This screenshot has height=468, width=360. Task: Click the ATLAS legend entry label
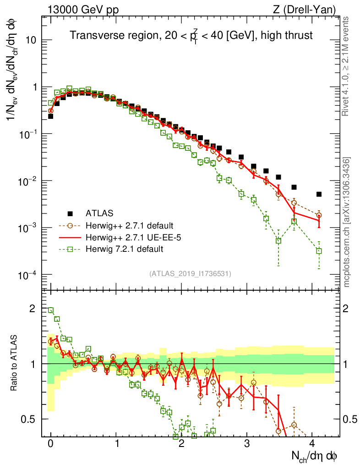pyautogui.click(x=99, y=213)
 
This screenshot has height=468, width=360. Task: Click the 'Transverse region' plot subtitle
pyautogui.click(x=191, y=35)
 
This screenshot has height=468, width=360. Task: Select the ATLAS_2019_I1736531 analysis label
pyautogui.click(x=190, y=274)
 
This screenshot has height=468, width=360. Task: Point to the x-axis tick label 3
pyautogui.click(x=247, y=443)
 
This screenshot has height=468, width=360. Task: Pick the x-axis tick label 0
pyautogui.click(x=51, y=443)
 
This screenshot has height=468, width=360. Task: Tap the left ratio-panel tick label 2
pyautogui.click(x=33, y=308)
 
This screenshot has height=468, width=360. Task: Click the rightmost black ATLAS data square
pyautogui.click(x=319, y=194)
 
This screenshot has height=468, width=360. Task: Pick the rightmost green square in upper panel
pyautogui.click(x=319, y=251)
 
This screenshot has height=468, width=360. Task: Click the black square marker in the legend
pyautogui.click(x=70, y=213)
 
